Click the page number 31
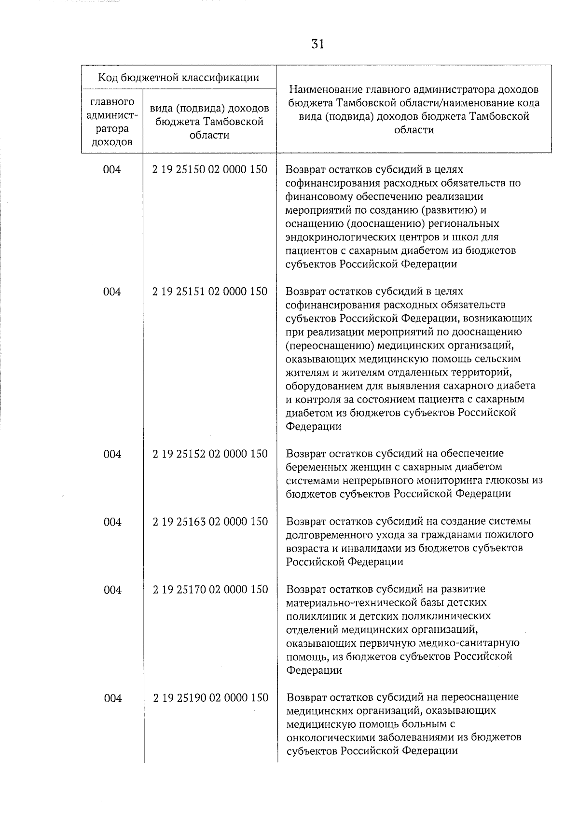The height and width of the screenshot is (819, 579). (317, 44)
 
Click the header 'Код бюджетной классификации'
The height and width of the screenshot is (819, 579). (179, 78)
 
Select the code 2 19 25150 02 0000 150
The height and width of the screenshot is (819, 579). (210, 169)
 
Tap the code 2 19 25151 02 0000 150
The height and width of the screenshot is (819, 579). (210, 292)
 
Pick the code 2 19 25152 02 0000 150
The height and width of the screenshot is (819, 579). (210, 454)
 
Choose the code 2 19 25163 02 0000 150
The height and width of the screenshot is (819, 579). (210, 522)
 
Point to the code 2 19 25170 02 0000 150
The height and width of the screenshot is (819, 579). (210, 589)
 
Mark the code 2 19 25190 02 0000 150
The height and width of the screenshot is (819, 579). (210, 698)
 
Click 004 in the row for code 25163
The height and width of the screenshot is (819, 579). (112, 522)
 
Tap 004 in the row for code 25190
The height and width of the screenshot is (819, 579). (112, 698)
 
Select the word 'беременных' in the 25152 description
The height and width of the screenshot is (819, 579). (312, 467)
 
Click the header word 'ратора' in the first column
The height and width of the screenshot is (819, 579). (112, 129)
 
